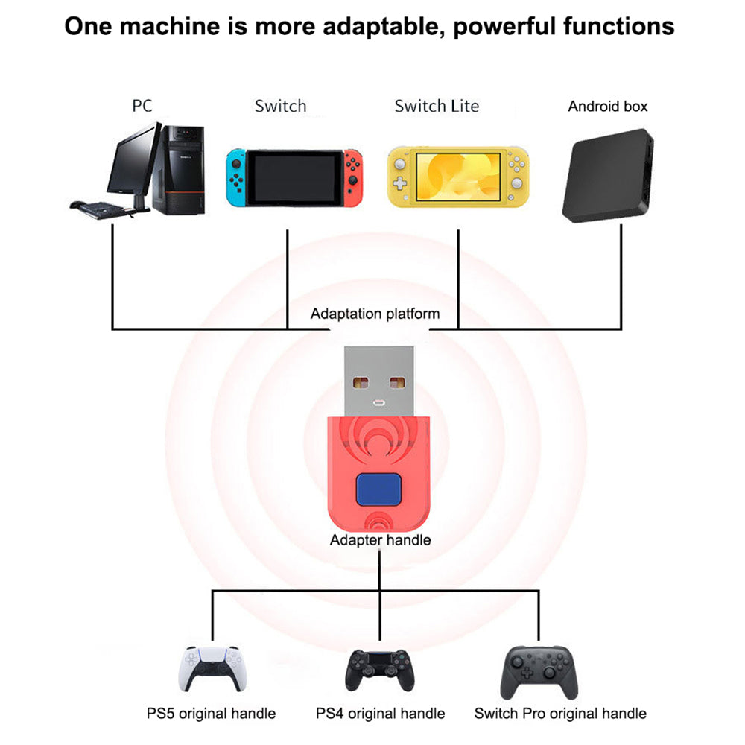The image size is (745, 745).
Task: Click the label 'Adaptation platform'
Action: pyautogui.click(x=375, y=314)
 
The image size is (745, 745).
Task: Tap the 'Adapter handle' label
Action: pyautogui.click(x=381, y=539)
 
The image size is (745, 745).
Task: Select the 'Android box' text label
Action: pyautogui.click(x=608, y=106)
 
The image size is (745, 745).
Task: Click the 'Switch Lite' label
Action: pyautogui.click(x=437, y=106)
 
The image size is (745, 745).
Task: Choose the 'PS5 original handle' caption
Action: pyautogui.click(x=211, y=714)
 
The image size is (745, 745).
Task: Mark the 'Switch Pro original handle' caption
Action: pyautogui.click(x=560, y=714)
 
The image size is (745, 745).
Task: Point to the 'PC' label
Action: pyautogui.click(x=142, y=106)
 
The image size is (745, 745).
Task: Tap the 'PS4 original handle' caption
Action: pyautogui.click(x=380, y=714)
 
